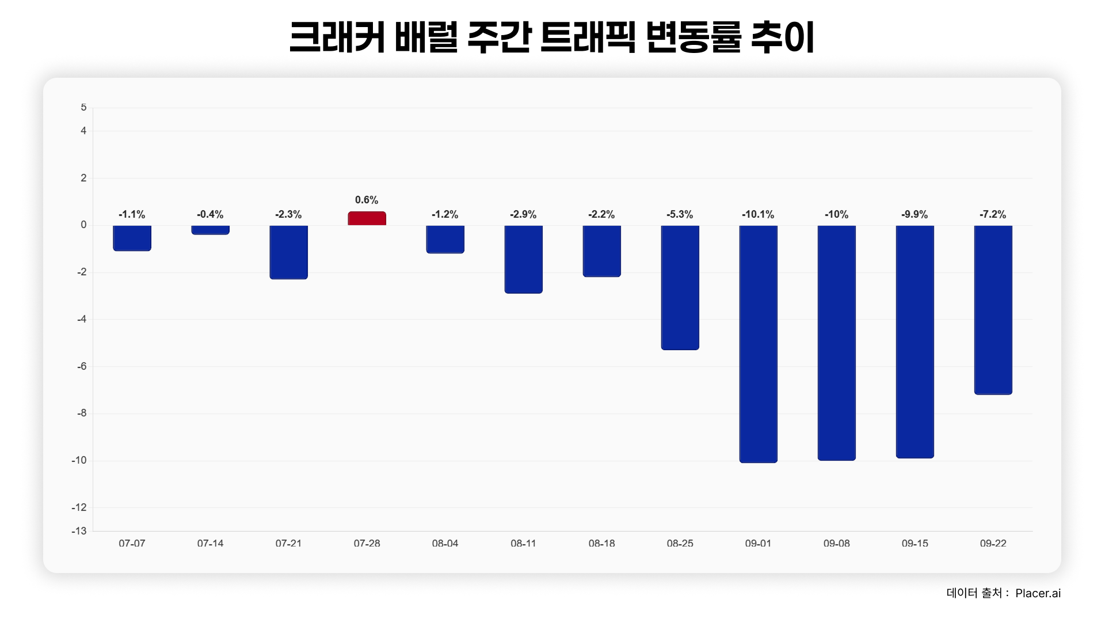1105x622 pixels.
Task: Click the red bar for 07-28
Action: pyautogui.click(x=367, y=218)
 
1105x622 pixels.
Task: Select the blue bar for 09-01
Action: pyautogui.click(x=758, y=344)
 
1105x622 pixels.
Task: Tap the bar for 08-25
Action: pyautogui.click(x=680, y=287)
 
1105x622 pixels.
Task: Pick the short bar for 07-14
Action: pyautogui.click(x=210, y=230)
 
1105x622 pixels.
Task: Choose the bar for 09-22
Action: pyautogui.click(x=993, y=310)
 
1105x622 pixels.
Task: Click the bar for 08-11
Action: pyautogui.click(x=523, y=259)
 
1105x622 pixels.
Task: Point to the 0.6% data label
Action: pyautogui.click(x=367, y=200)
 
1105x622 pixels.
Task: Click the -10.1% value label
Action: pyautogui.click(x=758, y=214)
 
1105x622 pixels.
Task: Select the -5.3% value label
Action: pyautogui.click(x=680, y=214)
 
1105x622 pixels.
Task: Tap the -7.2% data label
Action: pyautogui.click(x=993, y=214)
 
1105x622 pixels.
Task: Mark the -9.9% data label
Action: pyautogui.click(x=915, y=214)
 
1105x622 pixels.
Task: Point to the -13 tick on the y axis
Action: pyautogui.click(x=79, y=531)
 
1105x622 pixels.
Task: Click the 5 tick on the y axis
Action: pyautogui.click(x=84, y=108)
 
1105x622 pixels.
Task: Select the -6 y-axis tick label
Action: pyautogui.click(x=82, y=366)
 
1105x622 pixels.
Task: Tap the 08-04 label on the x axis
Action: pyautogui.click(x=445, y=543)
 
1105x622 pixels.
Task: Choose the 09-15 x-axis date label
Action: pyautogui.click(x=915, y=543)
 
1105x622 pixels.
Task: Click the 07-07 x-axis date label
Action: pyautogui.click(x=132, y=543)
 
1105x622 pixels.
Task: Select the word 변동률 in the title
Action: pyautogui.click(x=694, y=37)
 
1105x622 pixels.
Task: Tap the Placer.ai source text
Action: pyautogui.click(x=1038, y=593)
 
